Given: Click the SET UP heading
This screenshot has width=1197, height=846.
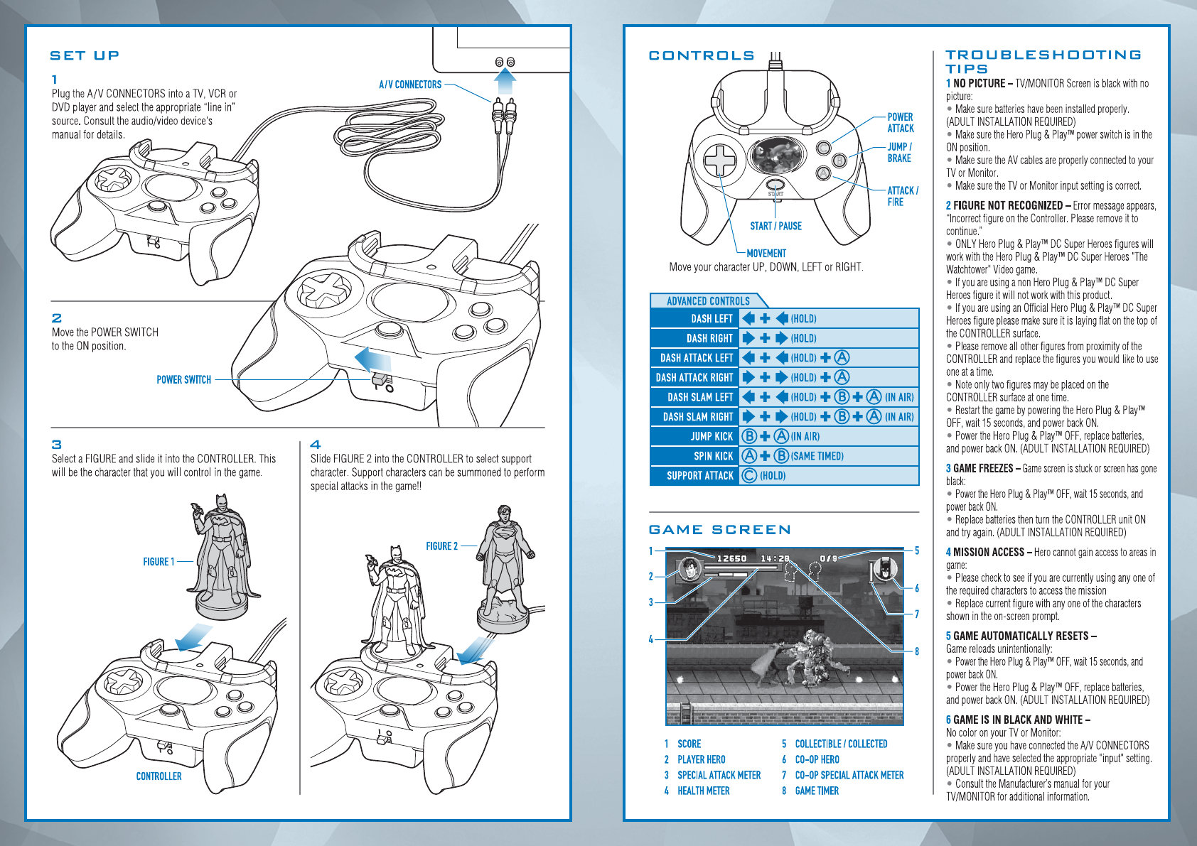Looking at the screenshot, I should click(x=85, y=55).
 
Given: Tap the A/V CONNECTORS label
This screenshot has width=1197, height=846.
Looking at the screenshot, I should click(x=410, y=85).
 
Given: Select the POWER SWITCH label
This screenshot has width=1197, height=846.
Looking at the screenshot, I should click(x=183, y=380).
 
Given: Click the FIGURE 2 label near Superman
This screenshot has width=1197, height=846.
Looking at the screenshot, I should click(x=441, y=546).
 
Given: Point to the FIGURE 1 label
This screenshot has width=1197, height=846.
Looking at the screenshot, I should click(x=159, y=562).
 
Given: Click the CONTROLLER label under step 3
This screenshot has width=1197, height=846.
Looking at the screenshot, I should click(x=159, y=776).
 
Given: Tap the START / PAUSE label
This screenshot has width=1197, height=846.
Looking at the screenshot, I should click(x=775, y=226).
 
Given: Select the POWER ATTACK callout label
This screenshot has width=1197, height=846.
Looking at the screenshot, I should click(x=900, y=122).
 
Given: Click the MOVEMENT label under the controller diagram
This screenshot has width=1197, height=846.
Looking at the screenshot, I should click(x=766, y=253).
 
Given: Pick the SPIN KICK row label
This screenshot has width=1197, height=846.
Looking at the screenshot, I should click(x=713, y=456).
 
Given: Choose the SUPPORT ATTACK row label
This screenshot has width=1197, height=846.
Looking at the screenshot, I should click(x=699, y=476).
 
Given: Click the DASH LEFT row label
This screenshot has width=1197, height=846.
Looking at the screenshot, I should click(x=711, y=319).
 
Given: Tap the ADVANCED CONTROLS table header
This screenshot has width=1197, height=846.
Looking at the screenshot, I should click(x=708, y=301).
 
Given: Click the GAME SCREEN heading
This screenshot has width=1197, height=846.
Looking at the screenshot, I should click(x=719, y=530).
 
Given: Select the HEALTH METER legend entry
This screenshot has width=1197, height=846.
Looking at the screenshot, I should click(x=703, y=791).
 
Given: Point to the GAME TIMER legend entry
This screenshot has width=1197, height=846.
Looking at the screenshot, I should click(x=817, y=791).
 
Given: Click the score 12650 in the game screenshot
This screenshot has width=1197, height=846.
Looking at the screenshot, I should click(x=731, y=558).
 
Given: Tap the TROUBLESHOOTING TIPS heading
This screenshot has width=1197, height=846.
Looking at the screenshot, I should click(x=1043, y=61).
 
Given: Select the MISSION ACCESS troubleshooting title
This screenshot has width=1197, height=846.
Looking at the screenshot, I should click(x=989, y=552).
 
